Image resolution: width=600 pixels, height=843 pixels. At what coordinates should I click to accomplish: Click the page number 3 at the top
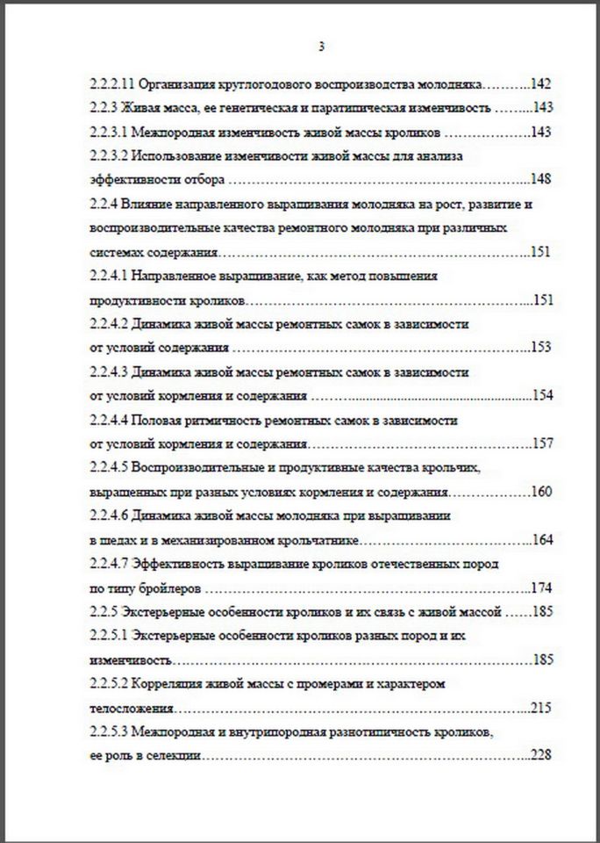[322, 47]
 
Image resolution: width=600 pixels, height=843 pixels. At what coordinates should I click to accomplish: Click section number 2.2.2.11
[111, 85]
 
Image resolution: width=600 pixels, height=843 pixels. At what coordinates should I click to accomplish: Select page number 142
[540, 85]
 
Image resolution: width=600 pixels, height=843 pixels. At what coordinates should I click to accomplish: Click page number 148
[540, 179]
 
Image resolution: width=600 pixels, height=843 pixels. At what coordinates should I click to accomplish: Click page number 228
[540, 753]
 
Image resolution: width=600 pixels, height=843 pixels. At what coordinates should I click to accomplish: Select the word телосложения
[131, 706]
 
